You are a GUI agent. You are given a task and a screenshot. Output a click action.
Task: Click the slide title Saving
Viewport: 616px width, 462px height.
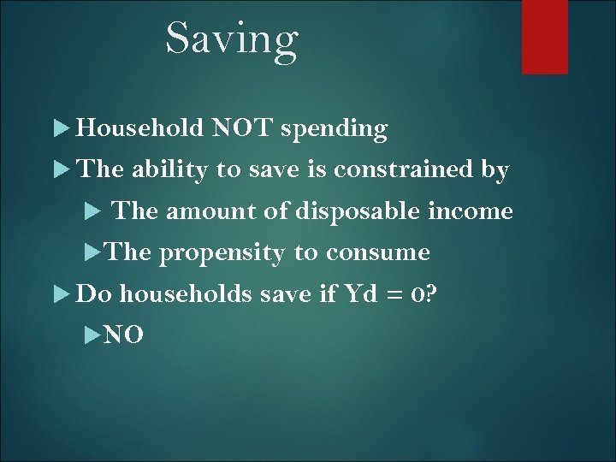[x=231, y=38]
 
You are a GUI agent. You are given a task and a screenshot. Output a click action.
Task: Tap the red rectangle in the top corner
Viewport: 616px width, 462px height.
[x=545, y=36]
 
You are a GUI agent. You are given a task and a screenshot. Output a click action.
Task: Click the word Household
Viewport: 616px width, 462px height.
[x=139, y=128]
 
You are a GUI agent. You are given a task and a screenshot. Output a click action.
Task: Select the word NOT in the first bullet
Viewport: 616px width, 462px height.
[x=241, y=128]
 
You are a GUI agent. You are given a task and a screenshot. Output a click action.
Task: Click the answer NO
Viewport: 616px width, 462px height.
[x=123, y=335]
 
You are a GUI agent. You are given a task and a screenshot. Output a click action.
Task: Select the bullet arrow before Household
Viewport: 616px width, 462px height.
[x=61, y=129]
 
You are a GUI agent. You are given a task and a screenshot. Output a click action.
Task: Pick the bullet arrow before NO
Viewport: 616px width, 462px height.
[x=93, y=335]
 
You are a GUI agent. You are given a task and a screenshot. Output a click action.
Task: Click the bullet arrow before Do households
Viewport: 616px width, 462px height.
[x=61, y=294]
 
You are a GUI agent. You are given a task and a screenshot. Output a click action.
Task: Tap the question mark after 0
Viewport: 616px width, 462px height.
[x=433, y=293]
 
